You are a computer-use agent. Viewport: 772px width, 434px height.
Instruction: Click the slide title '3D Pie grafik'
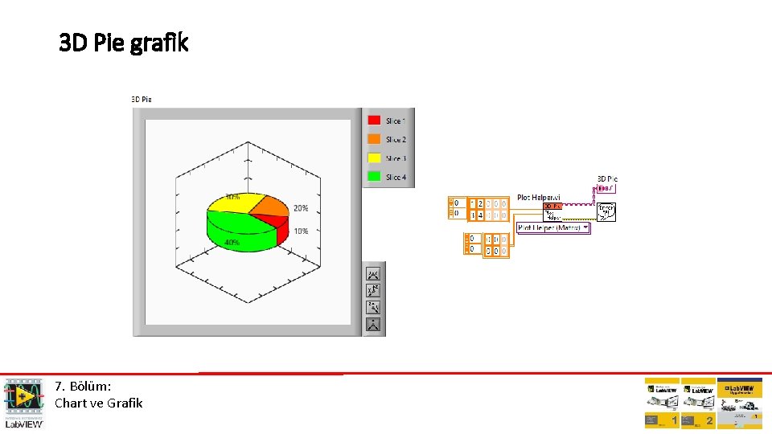[124, 43]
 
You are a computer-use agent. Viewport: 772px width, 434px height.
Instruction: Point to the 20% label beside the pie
[300, 208]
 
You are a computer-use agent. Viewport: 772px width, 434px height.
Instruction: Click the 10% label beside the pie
[300, 231]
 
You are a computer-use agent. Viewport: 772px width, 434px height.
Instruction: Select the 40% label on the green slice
[232, 242]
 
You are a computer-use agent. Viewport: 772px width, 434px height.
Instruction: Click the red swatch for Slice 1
[374, 121]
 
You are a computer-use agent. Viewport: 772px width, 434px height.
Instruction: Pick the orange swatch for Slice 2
[374, 139]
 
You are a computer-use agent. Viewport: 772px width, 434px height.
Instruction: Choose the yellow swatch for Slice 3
[374, 158]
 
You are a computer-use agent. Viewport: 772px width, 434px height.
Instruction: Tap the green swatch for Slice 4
[374, 177]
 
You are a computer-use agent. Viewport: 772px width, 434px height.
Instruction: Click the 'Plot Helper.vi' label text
[539, 197]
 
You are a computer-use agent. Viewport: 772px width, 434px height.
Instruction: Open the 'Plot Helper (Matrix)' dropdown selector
[553, 227]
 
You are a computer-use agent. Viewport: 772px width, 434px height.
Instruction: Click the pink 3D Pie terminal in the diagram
[606, 188]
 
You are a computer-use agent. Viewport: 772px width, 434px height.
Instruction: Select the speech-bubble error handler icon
[606, 211]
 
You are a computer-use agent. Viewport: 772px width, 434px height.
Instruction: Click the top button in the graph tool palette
[374, 274]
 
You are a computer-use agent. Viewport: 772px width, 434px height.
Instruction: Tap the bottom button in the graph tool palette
[374, 325]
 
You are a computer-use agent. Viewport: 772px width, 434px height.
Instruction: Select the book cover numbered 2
[698, 403]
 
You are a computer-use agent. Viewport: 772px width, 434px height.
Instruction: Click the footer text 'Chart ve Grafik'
[98, 403]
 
